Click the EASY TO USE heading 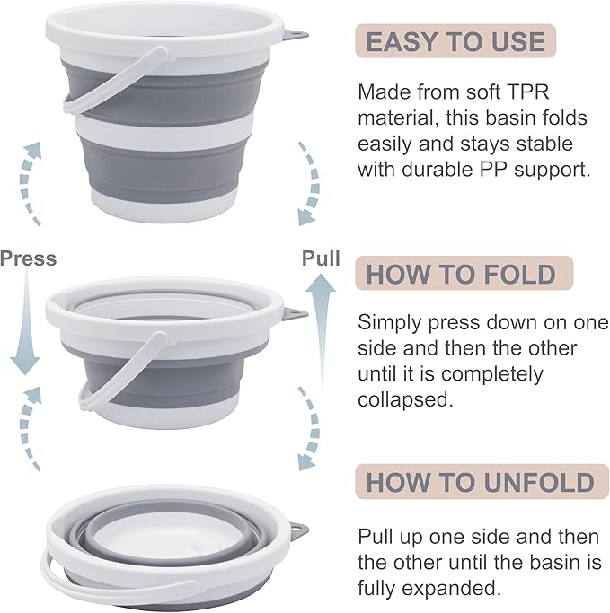click(455, 41)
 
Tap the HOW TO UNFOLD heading click(480, 481)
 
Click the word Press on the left click(28, 259)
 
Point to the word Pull click(321, 258)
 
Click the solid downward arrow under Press click(26, 323)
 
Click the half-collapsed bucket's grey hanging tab click(294, 314)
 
